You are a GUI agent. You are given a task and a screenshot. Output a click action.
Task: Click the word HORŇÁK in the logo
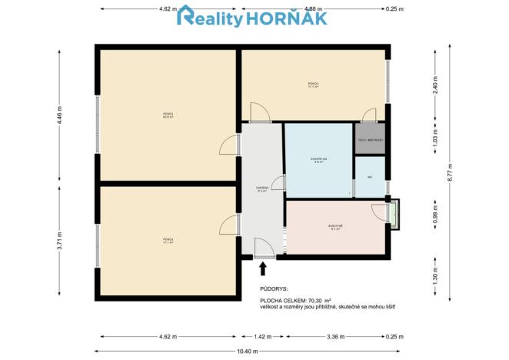[286, 18]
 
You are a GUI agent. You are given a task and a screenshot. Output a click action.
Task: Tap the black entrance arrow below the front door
[264, 268]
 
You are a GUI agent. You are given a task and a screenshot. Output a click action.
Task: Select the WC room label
[370, 177]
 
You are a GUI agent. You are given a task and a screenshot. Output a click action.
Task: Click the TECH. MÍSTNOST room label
[371, 141]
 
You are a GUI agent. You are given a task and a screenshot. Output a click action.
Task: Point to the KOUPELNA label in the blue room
[318, 161]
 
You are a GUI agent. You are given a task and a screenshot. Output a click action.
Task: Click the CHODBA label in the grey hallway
[261, 189]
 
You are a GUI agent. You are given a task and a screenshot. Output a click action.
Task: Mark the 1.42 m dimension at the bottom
[262, 336]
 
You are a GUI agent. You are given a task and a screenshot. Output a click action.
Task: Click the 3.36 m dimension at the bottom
[334, 336]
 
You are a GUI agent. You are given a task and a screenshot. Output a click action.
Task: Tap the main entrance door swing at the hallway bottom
[263, 248]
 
